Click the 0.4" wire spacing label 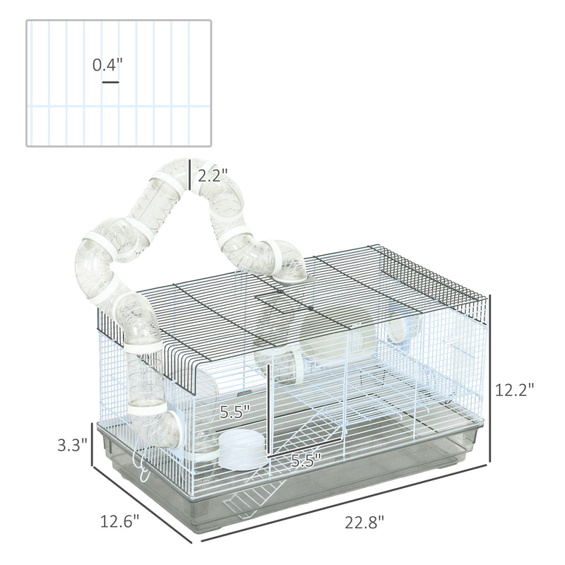click(x=108, y=66)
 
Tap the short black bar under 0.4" click(x=110, y=83)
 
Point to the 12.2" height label click(x=514, y=388)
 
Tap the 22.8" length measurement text click(x=365, y=522)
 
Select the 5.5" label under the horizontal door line click(x=306, y=460)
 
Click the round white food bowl click(x=239, y=449)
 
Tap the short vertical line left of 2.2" click(x=190, y=177)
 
